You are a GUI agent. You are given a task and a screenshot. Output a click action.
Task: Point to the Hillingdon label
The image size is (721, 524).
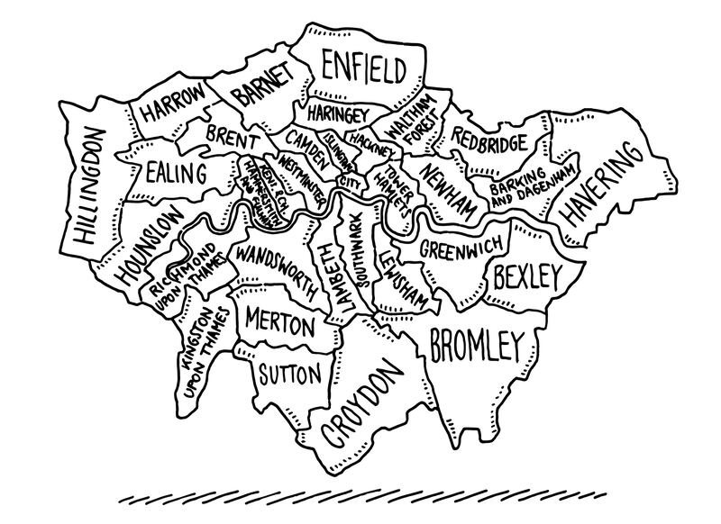pos(90,187)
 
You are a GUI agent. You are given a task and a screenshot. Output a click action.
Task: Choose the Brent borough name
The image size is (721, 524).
pos(233,140)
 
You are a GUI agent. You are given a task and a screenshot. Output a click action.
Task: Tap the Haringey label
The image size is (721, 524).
pos(335,114)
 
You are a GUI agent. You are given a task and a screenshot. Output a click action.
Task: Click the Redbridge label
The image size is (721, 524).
pos(489,140)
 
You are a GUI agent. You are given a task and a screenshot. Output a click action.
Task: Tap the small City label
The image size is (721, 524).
pos(349,183)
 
